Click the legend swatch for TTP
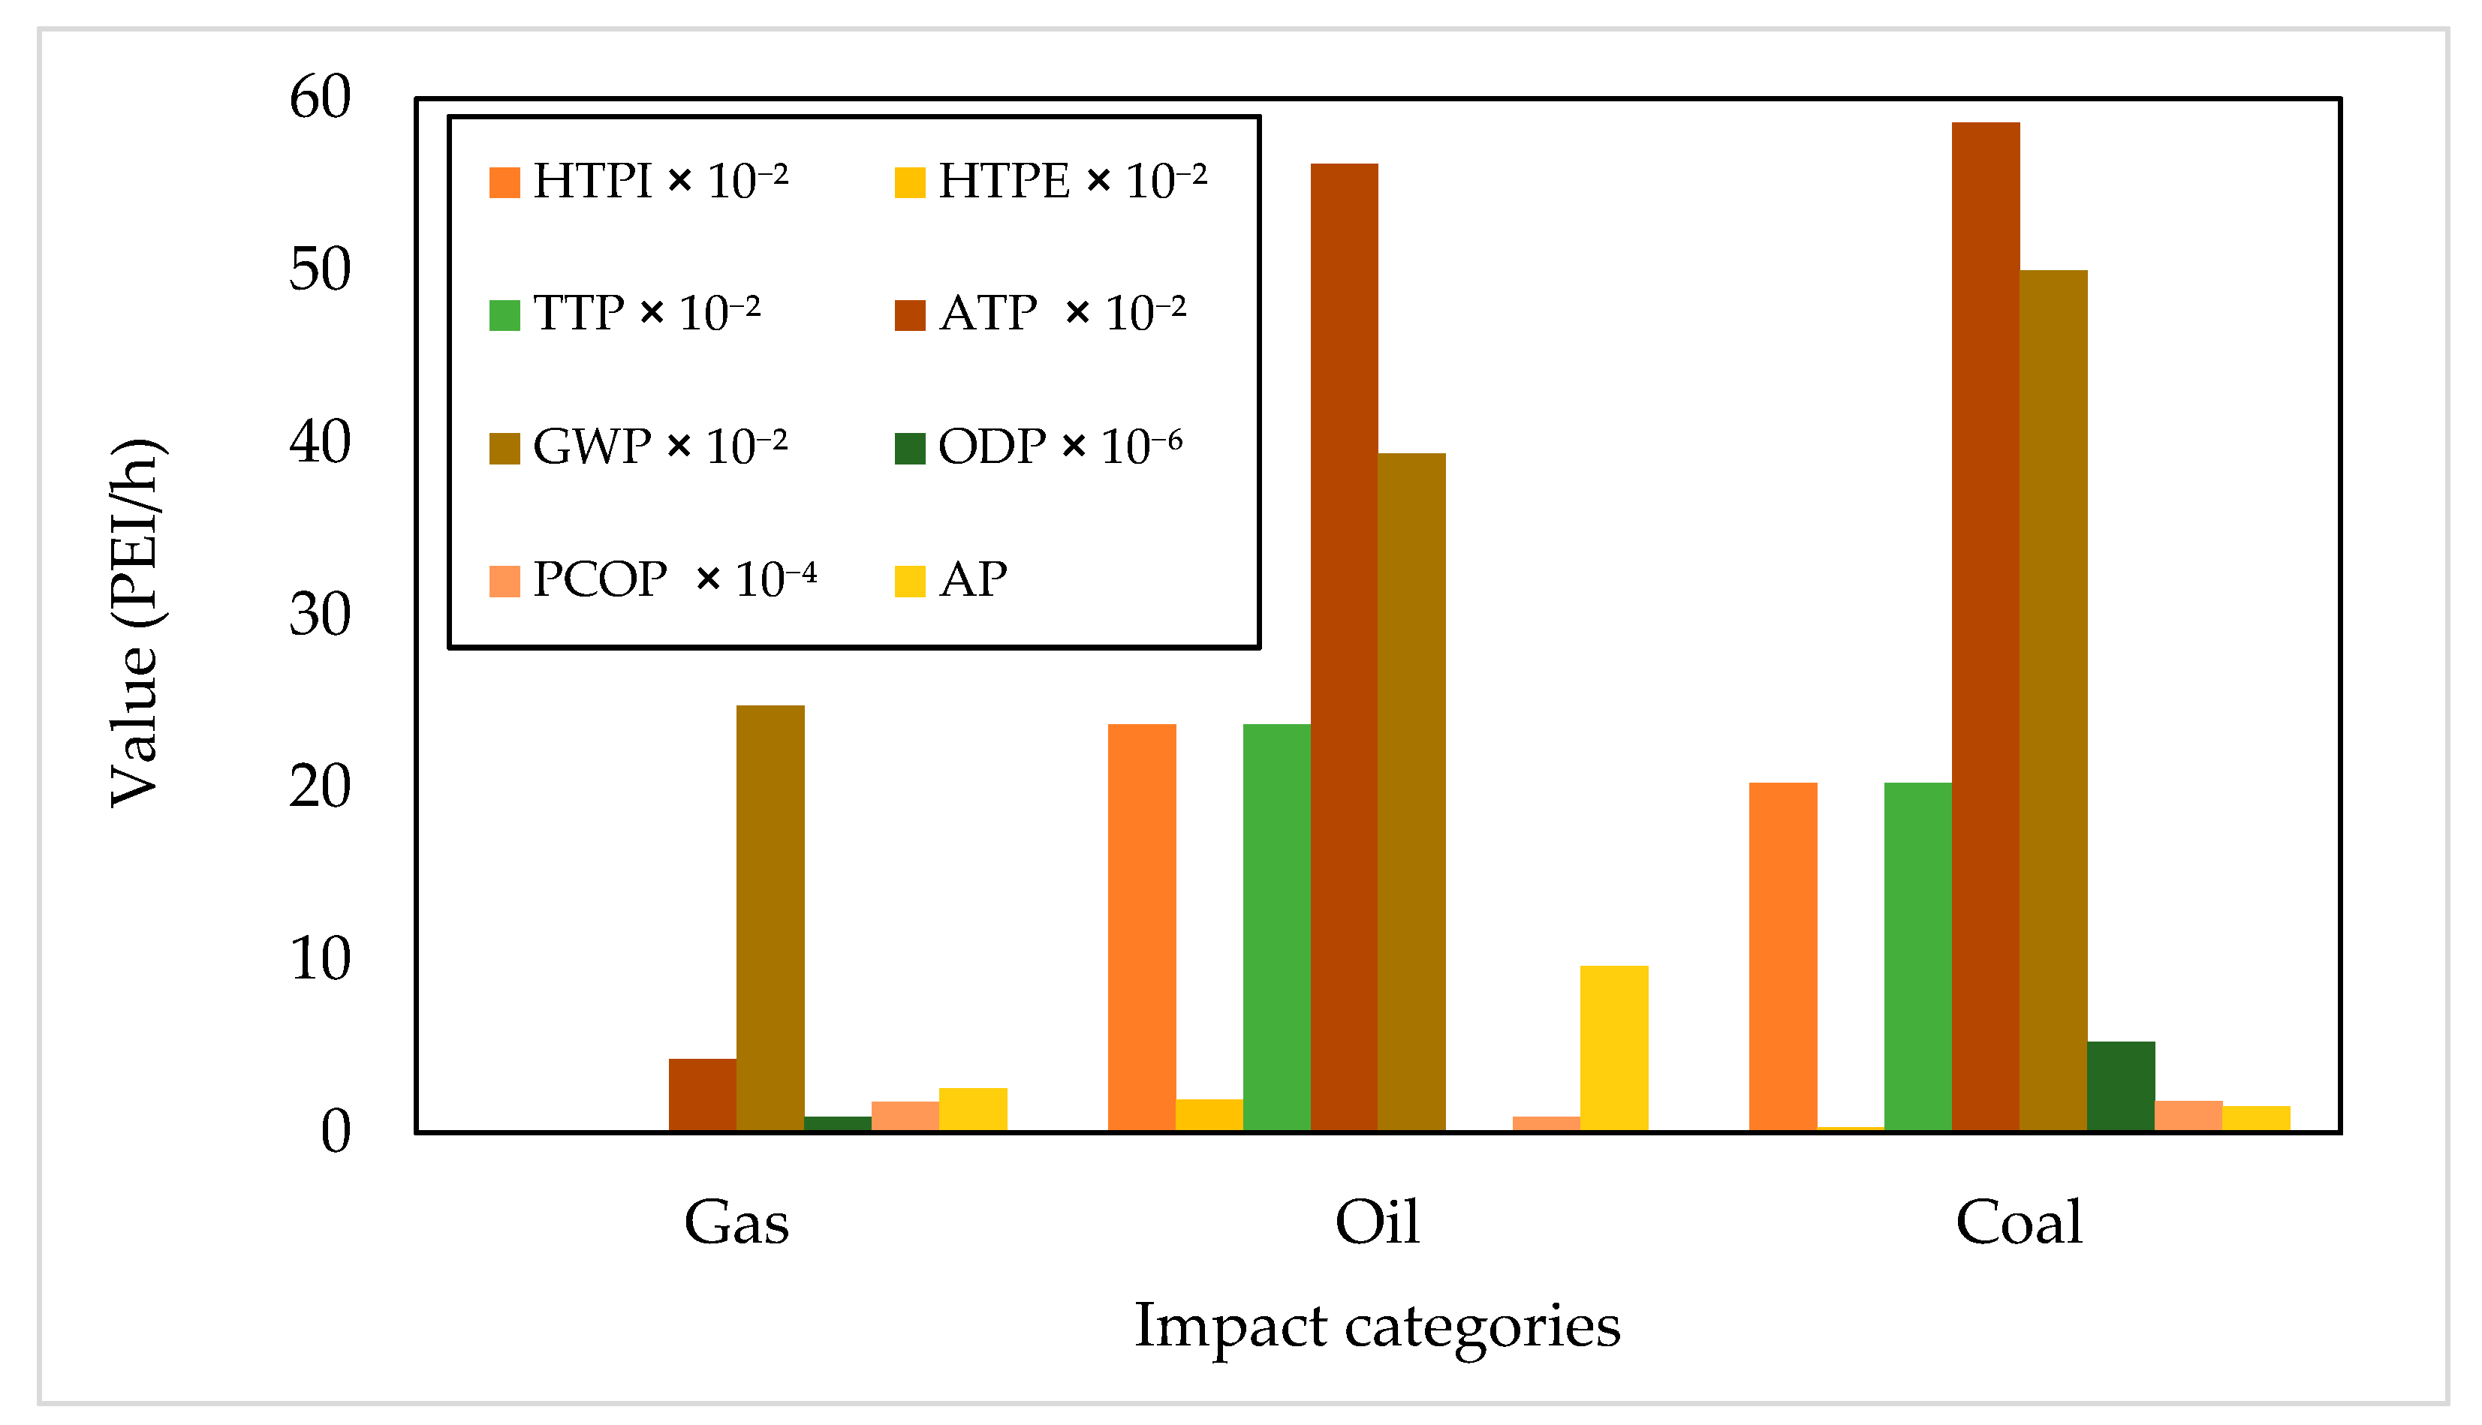click(x=505, y=315)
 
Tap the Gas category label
click(x=736, y=1222)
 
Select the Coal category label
click(x=2018, y=1222)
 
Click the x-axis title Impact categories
click(x=1377, y=1326)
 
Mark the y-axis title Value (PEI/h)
click(x=134, y=624)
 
